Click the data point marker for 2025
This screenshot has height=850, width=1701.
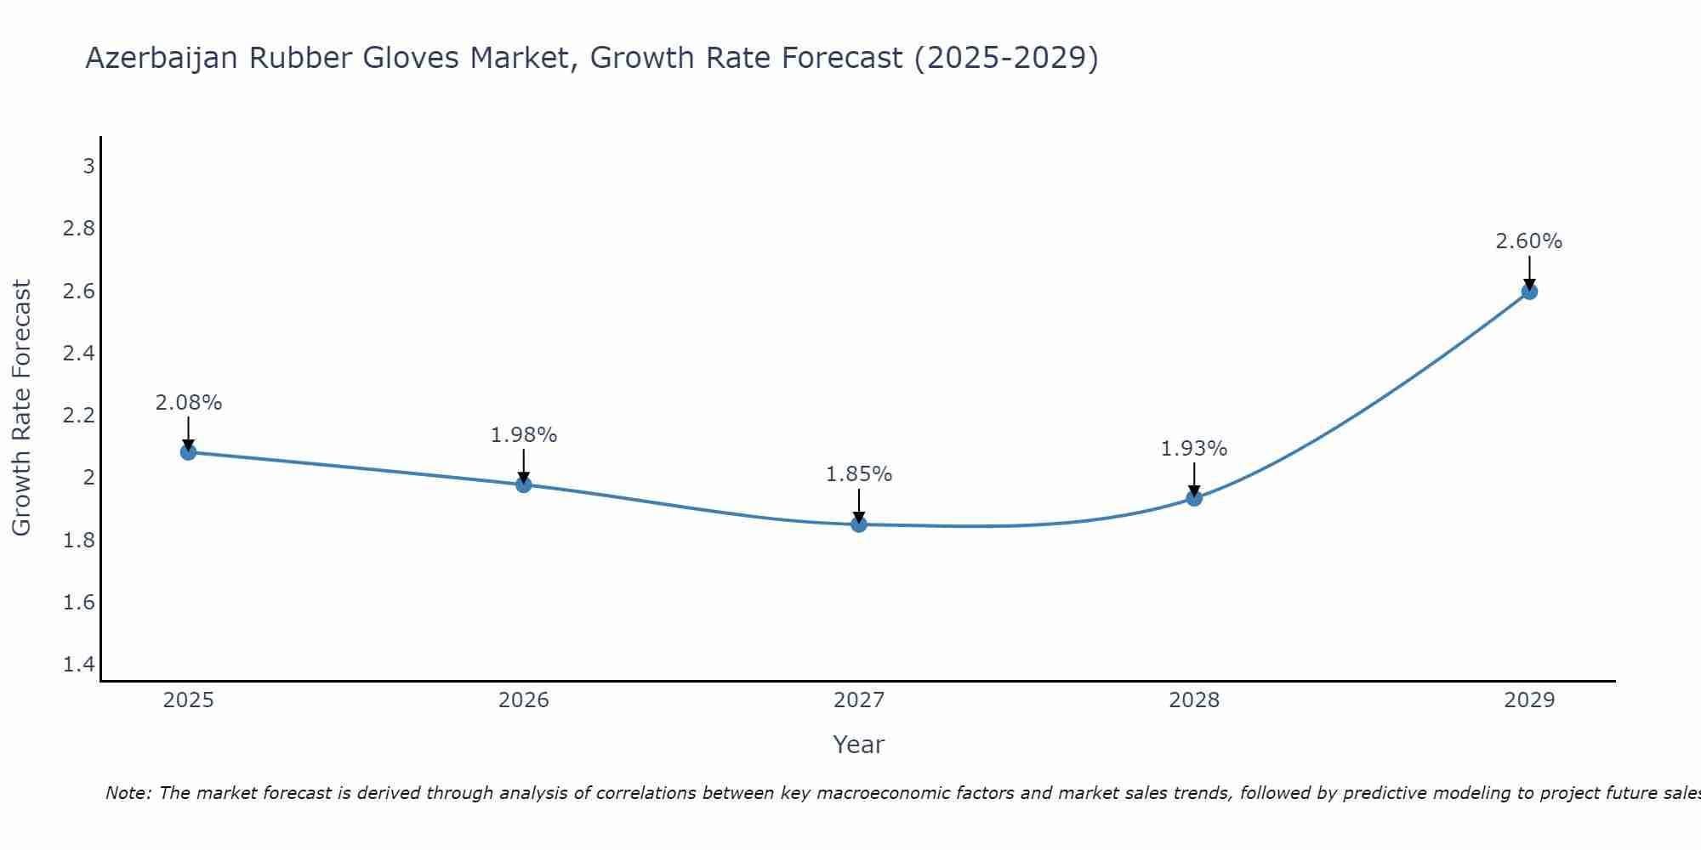tap(189, 452)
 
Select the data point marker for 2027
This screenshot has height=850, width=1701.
tap(859, 524)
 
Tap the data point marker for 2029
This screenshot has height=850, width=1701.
tap(1529, 292)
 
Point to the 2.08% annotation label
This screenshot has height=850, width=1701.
tap(189, 403)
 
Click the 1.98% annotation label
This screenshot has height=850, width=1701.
tap(524, 435)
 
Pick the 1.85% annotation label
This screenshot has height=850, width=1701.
tap(859, 474)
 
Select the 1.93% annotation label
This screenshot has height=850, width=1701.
tap(1194, 449)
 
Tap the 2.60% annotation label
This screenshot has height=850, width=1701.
tap(1529, 241)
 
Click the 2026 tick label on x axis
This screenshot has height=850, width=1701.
tap(524, 700)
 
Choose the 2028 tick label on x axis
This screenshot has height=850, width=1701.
tap(1194, 700)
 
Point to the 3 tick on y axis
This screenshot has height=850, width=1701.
tap(88, 166)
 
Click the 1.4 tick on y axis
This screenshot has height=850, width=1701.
tap(79, 665)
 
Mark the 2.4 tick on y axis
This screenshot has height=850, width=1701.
tap(79, 353)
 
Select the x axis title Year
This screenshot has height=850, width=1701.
tap(859, 745)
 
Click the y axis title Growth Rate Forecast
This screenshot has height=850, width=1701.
tap(21, 408)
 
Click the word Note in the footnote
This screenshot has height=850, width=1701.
tap(128, 793)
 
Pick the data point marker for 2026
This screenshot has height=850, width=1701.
tap(524, 484)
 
